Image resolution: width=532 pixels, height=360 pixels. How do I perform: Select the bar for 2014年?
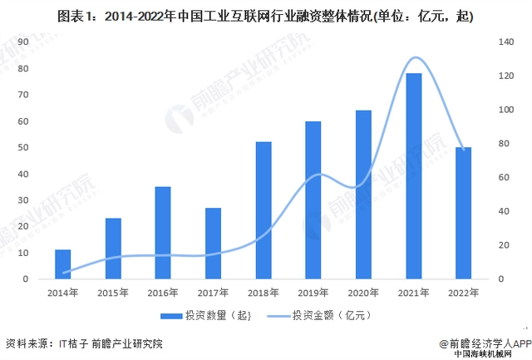(63, 264)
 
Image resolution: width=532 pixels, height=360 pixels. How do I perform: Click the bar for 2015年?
(113, 249)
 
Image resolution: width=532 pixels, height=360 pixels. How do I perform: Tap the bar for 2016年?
(163, 233)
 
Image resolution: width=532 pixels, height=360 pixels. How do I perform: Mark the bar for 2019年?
(313, 200)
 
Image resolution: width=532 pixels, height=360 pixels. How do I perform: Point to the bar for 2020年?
(363, 195)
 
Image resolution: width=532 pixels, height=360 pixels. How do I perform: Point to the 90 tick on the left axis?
(22, 42)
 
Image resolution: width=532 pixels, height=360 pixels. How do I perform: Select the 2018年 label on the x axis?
(264, 293)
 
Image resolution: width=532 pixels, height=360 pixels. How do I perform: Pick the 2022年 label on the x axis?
(463, 293)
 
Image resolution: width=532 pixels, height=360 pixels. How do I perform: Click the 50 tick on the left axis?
(22, 147)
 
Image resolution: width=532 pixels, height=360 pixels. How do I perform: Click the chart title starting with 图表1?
(266, 16)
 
